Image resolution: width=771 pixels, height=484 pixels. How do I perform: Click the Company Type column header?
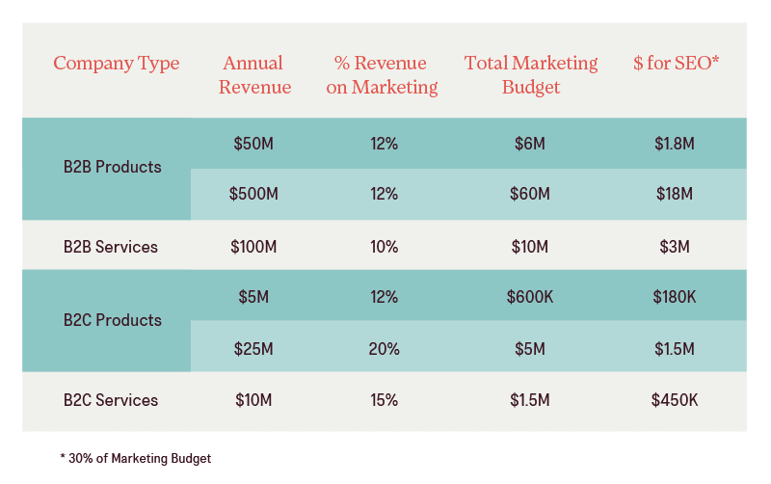pos(116,64)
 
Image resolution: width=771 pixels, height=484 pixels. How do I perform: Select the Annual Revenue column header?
pos(253,75)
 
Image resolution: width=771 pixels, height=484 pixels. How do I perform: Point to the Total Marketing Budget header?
pos(530,75)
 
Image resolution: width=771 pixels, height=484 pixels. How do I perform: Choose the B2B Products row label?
pos(112,167)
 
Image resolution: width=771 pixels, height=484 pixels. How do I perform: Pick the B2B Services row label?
pos(110,247)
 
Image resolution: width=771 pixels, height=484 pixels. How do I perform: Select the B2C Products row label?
pos(112,320)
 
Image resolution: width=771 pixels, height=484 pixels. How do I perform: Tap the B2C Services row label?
pos(110,400)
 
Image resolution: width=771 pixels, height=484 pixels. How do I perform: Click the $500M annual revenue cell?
pos(253,194)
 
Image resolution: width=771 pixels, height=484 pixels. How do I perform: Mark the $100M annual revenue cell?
pos(253,247)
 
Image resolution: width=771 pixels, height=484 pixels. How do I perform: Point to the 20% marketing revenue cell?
pos(384,348)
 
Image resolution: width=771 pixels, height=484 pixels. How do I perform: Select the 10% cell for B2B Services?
pos(384,247)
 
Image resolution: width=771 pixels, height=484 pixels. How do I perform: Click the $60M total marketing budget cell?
pos(529,194)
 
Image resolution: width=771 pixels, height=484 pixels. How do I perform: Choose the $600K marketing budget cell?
pos(529,297)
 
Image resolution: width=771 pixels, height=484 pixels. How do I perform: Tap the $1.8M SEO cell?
pos(674,144)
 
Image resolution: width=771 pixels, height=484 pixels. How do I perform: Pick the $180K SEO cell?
pos(674,297)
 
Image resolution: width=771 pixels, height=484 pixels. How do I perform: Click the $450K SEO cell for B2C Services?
pos(674,400)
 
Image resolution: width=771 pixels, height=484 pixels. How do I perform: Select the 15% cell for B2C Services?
pos(384,400)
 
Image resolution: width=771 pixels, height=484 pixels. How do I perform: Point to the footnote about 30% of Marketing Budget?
pos(136,459)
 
